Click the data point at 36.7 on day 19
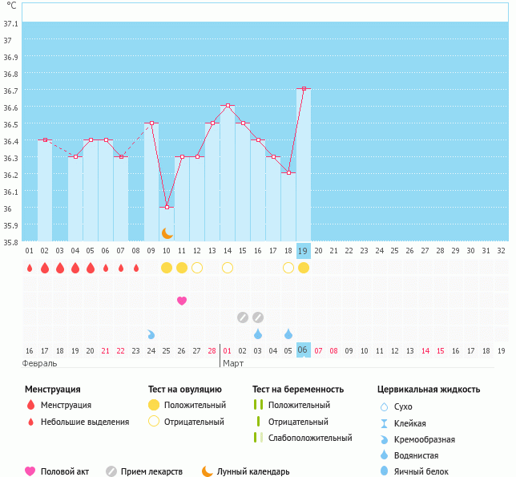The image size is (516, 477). (304, 89)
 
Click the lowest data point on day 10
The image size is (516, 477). (167, 208)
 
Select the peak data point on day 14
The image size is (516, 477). (228, 106)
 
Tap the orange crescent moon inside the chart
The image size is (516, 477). (167, 233)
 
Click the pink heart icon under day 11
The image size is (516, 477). (182, 301)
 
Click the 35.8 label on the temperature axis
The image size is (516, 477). (11, 242)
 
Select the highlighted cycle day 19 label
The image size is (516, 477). (303, 251)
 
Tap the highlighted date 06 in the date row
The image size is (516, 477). (303, 350)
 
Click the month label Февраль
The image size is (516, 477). (40, 364)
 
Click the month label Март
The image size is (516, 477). (233, 364)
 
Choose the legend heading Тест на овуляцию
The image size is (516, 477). (185, 390)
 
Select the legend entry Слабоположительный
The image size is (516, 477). (310, 438)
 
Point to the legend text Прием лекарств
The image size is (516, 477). (151, 472)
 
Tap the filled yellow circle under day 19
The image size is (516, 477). (304, 268)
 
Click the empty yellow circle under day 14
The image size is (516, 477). (228, 268)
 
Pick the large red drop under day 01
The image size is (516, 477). (30, 268)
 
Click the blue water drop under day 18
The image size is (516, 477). (288, 333)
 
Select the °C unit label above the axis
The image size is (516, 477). (11, 6)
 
